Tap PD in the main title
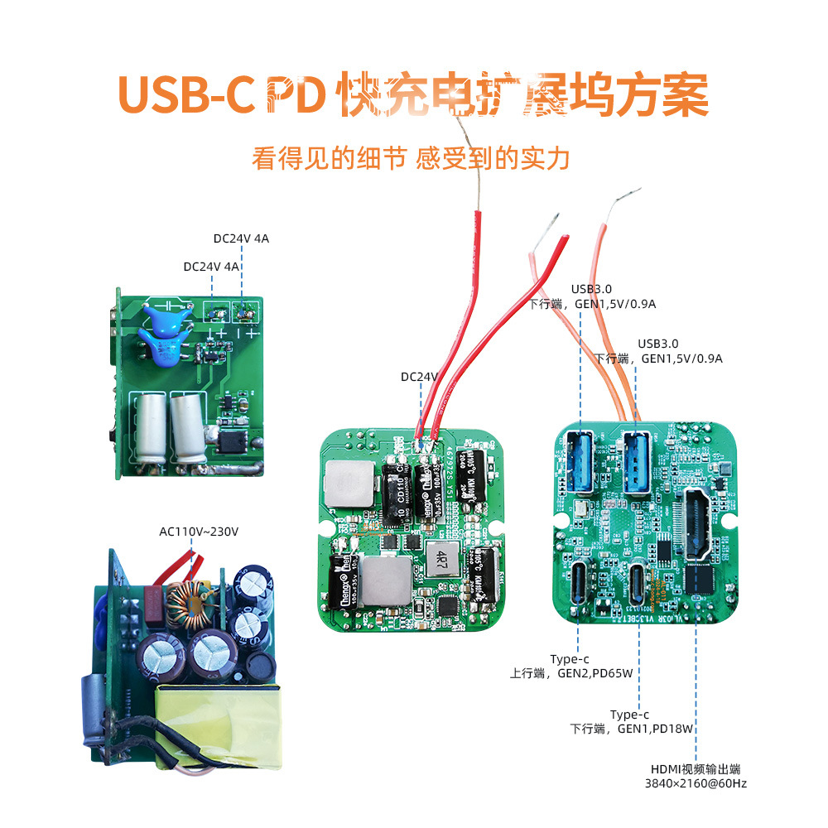[x=294, y=97]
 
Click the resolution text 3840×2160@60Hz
[x=696, y=783]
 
